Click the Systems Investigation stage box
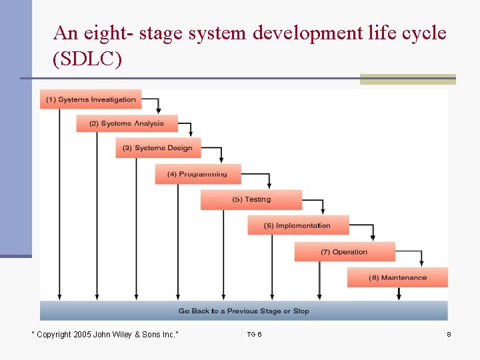pos(91,99)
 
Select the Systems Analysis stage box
pos(127,123)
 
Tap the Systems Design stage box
pos(158,148)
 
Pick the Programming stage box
pos(197,174)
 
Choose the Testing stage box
pos(251,199)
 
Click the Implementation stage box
pos(297,225)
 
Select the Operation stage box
pos(344,252)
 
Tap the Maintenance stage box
pos(397,277)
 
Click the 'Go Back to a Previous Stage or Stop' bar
pos(243,311)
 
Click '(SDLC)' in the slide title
pos(87,59)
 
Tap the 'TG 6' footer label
pos(254,334)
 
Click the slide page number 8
pos(449,334)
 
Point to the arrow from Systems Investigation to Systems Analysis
pos(157,105)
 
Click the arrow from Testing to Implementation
pos(323,205)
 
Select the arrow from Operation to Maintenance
pos(421,258)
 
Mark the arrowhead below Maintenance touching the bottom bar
pos(400,295)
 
